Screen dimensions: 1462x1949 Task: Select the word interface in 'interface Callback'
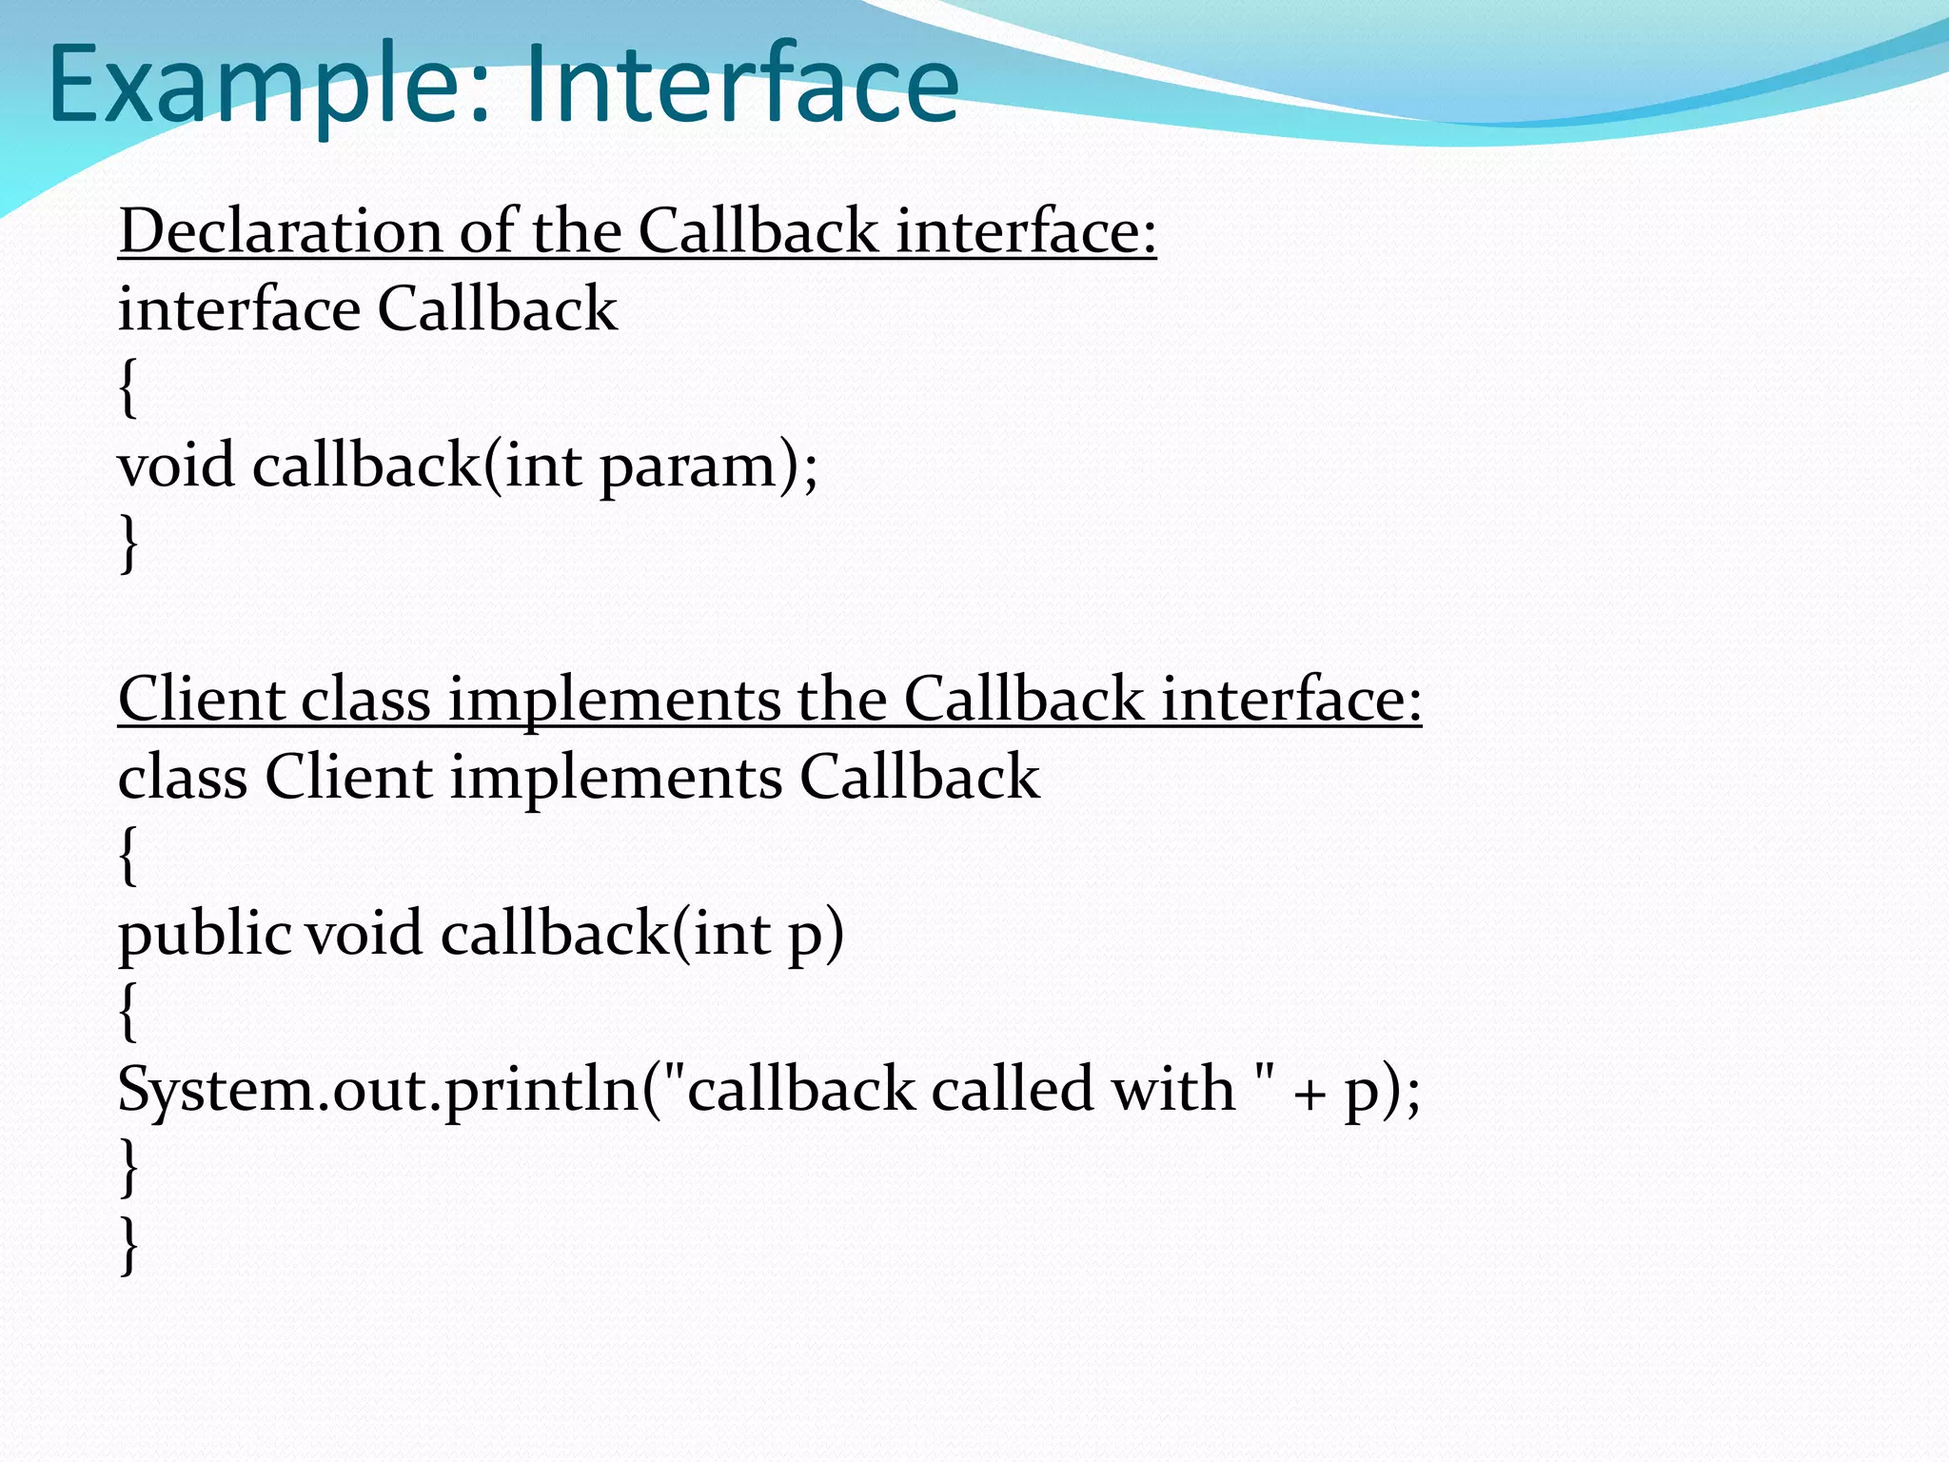239,309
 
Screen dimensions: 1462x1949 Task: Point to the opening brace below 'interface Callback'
128,387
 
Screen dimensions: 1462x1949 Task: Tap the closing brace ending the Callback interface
128,543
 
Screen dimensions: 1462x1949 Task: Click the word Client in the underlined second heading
201,700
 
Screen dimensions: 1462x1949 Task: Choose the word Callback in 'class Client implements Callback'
918,778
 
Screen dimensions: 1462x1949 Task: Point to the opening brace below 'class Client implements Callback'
128,856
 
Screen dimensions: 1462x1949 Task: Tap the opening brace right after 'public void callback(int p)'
128,1012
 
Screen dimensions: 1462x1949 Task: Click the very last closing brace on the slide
128,1246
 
